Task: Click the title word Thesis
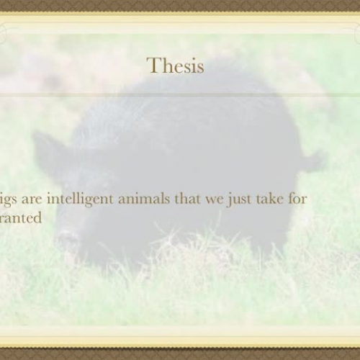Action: click(176, 66)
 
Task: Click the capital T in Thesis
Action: click(153, 66)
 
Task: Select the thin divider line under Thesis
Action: click(180, 94)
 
